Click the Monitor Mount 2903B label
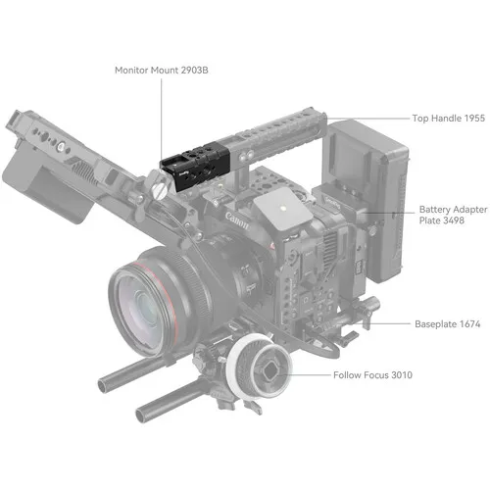click(x=162, y=71)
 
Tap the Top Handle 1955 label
click(x=449, y=119)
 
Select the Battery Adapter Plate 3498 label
click(x=453, y=215)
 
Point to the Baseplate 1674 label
click(x=448, y=324)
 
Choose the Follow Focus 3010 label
click(x=372, y=375)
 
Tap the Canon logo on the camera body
click(x=237, y=220)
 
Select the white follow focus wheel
click(x=258, y=366)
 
